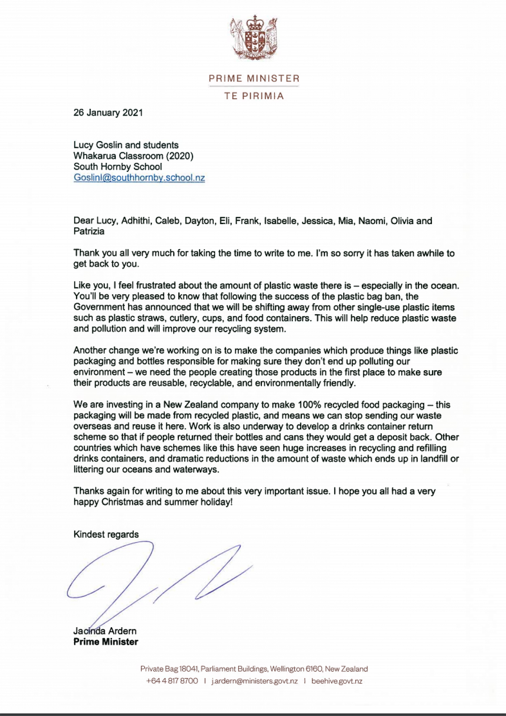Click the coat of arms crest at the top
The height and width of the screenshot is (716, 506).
pyautogui.click(x=253, y=38)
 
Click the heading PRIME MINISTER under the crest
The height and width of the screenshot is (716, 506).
pyautogui.click(x=254, y=78)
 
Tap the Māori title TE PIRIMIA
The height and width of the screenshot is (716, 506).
pyautogui.click(x=254, y=96)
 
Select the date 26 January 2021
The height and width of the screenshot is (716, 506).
pyautogui.click(x=108, y=113)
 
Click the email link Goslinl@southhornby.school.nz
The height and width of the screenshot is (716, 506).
pyautogui.click(x=139, y=178)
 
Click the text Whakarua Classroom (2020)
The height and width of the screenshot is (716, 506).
pyautogui.click(x=133, y=156)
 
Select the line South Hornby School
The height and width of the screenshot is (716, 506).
pyautogui.click(x=118, y=167)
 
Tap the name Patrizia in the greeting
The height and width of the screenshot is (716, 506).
pyautogui.click(x=89, y=231)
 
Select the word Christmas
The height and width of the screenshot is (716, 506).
pyautogui.click(x=122, y=502)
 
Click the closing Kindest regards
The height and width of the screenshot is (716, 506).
pyautogui.click(x=106, y=534)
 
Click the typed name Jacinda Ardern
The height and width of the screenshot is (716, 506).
pyautogui.click(x=105, y=631)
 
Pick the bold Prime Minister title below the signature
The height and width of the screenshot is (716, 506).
pyautogui.click(x=106, y=642)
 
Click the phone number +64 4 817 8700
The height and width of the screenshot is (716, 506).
pyautogui.click(x=172, y=681)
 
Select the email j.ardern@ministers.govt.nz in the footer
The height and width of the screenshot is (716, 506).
pyautogui.click(x=254, y=681)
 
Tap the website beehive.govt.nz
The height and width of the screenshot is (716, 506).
pyautogui.click(x=337, y=681)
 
